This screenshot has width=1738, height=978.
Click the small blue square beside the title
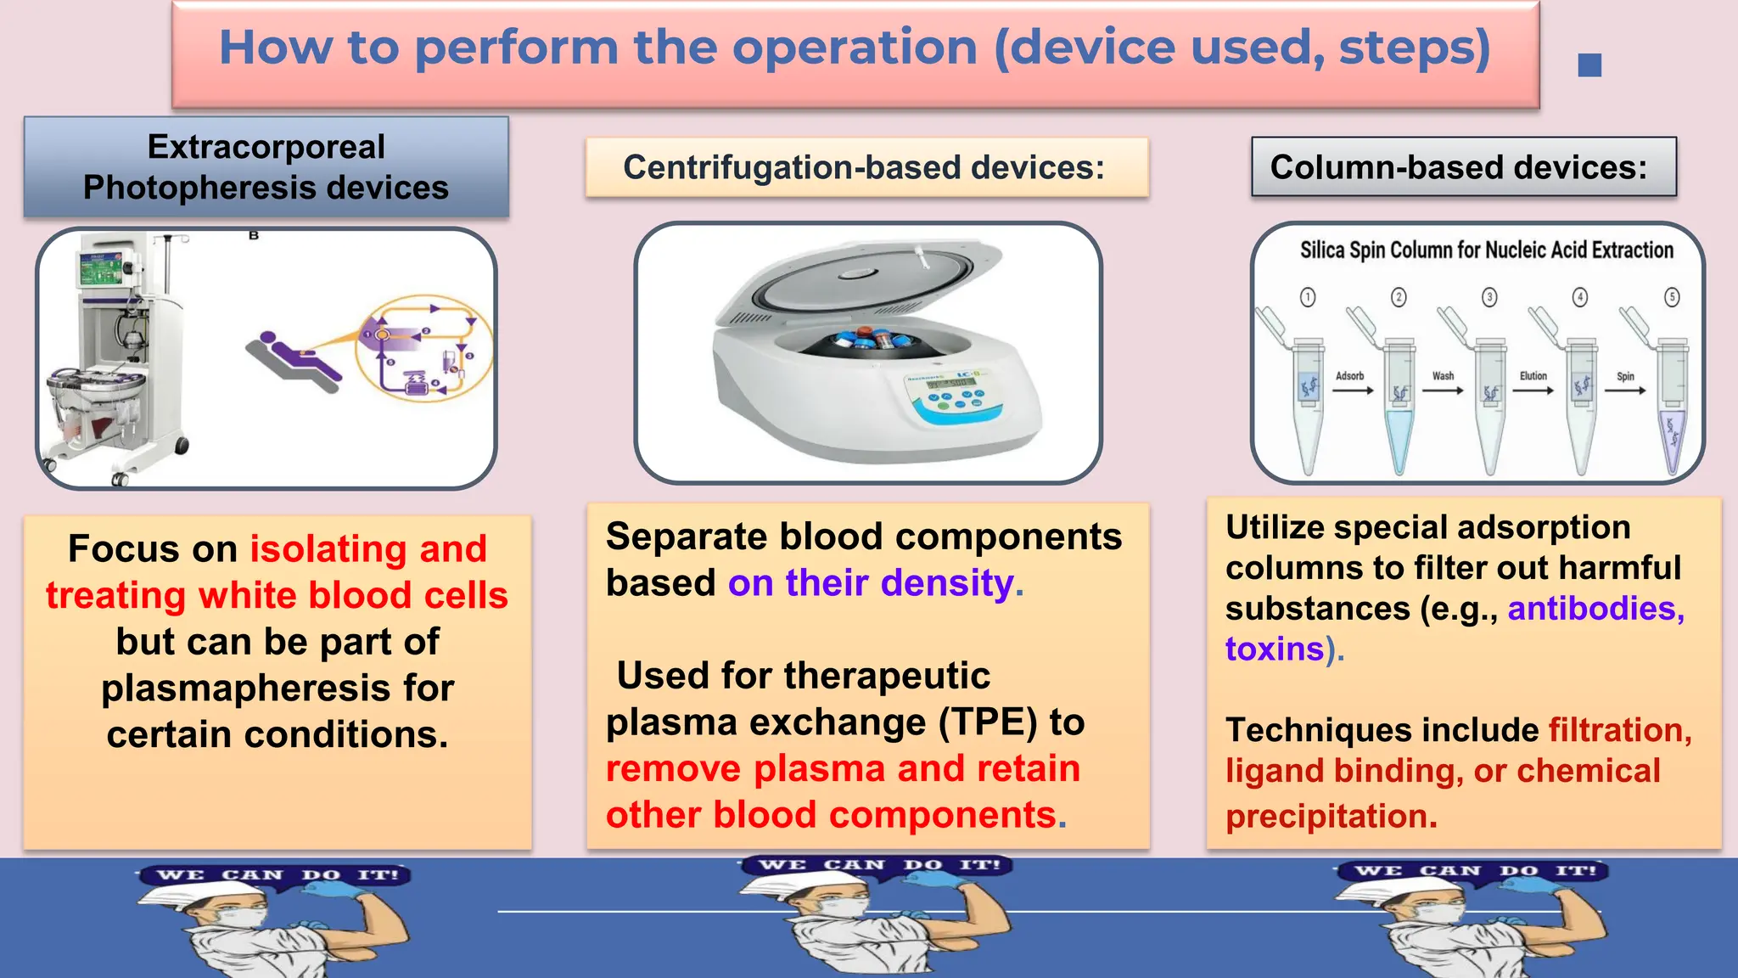(x=1589, y=65)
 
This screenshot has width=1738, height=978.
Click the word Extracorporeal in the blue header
(x=266, y=147)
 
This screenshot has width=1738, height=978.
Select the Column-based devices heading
(x=1458, y=167)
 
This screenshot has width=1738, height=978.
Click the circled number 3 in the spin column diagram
(x=1489, y=297)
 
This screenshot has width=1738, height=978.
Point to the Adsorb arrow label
(x=1349, y=376)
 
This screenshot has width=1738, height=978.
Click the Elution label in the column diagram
(x=1533, y=376)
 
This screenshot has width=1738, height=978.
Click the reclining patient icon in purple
(x=293, y=357)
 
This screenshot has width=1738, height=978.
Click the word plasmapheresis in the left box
(x=278, y=688)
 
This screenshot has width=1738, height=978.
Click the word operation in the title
(x=855, y=48)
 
